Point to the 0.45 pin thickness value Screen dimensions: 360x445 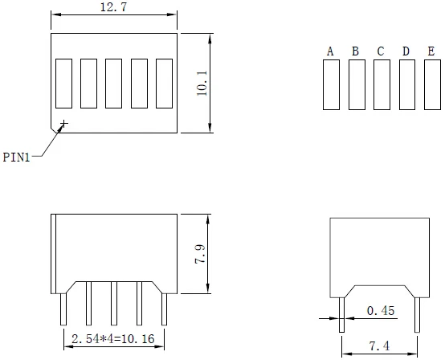tap(380, 310)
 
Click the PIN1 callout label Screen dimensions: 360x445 tap(16, 157)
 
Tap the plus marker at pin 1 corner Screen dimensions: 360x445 tap(63, 124)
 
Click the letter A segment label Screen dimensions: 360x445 tap(330, 52)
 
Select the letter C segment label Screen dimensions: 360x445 tap(381, 52)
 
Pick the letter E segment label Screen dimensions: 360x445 tap(431, 52)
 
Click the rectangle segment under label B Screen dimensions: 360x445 tap(356, 84)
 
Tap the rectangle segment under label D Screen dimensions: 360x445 tap(406, 84)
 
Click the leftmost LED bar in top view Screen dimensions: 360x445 tap(63, 83)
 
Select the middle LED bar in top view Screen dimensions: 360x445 tap(114, 83)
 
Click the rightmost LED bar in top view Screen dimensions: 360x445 tap(165, 83)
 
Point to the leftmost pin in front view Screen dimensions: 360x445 tap(63, 309)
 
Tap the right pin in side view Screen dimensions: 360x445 tap(416, 314)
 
